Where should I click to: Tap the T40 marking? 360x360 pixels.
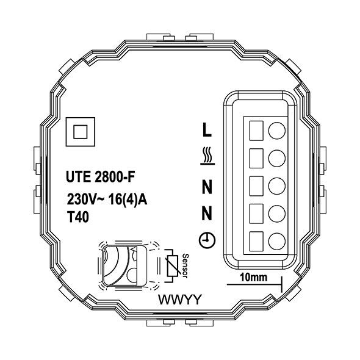point(77,217)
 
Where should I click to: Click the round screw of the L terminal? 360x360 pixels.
point(276,129)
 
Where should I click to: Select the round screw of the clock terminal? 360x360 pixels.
point(276,240)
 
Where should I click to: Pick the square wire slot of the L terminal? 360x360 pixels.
point(257,129)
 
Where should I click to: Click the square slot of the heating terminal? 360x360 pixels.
point(257,157)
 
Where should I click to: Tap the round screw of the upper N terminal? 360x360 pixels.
point(276,185)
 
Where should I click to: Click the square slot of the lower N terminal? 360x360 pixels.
point(257,212)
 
